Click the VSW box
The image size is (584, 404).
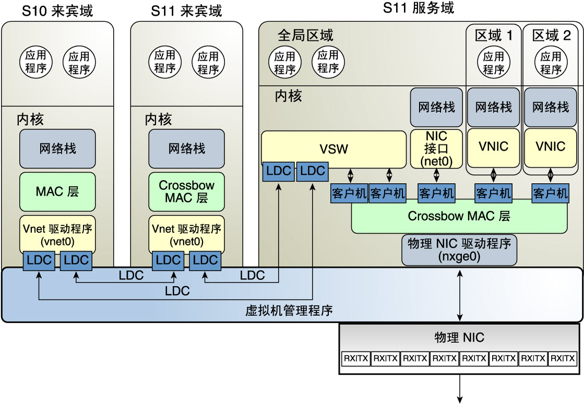pyautogui.click(x=333, y=149)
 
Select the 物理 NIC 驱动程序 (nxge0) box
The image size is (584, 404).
pyautogui.click(x=459, y=250)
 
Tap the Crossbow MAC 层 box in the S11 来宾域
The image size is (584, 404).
pyautogui.click(x=187, y=192)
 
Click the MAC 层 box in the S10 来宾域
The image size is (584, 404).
pyautogui.click(x=57, y=192)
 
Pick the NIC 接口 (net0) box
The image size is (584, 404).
pyautogui.click(x=436, y=149)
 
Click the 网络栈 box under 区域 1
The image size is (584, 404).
pyautogui.click(x=493, y=107)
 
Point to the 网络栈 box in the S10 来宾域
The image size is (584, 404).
pyautogui.click(x=57, y=149)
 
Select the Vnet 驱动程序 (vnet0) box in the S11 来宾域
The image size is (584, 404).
pyautogui.click(x=187, y=235)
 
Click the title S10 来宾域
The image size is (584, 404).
pyautogui.click(x=57, y=11)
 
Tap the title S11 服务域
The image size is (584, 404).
pyautogui.click(x=419, y=8)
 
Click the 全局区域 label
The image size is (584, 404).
pyautogui.click(x=305, y=35)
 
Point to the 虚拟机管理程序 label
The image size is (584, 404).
pyautogui.click(x=289, y=310)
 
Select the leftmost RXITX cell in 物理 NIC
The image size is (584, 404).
pyautogui.click(x=356, y=359)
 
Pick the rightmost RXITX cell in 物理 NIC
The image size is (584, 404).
pyautogui.click(x=563, y=359)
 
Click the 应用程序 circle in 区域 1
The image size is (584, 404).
pyautogui.click(x=494, y=62)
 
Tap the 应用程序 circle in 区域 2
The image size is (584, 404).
pyautogui.click(x=551, y=62)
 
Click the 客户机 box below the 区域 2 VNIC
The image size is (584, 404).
pyautogui.click(x=550, y=193)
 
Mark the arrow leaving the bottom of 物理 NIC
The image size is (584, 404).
pyautogui.click(x=460, y=389)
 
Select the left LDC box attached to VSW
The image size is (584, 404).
pyautogui.click(x=278, y=172)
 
